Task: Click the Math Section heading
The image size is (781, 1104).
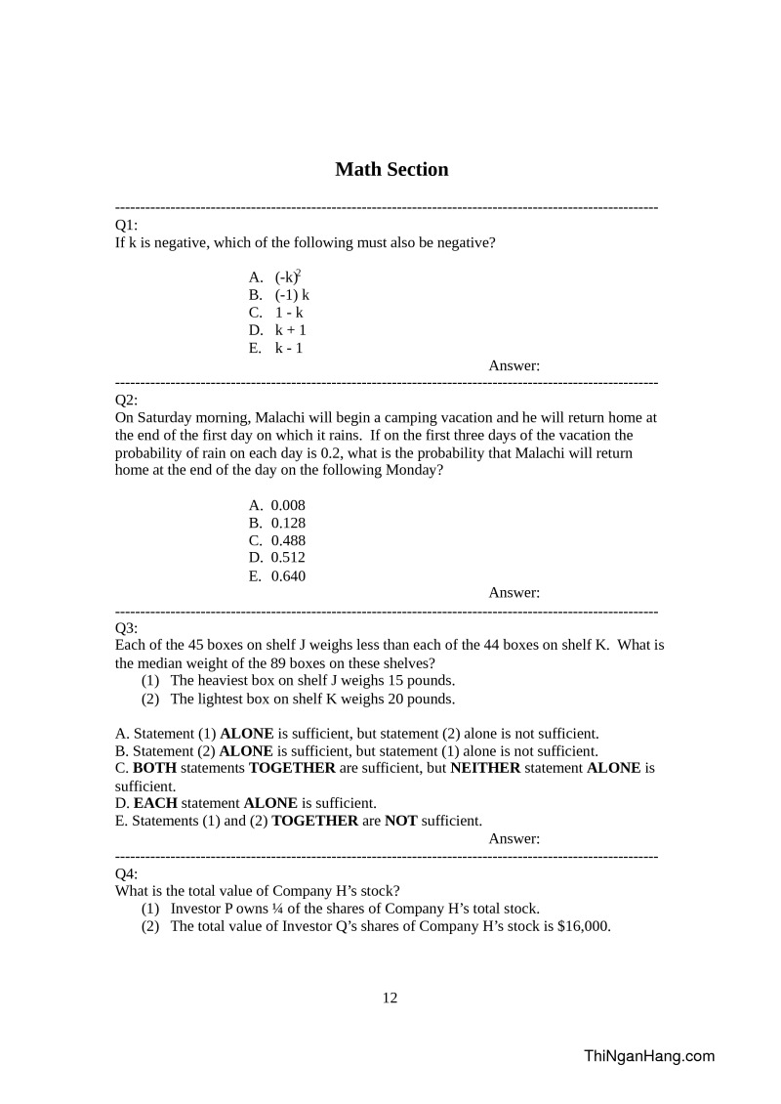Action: [391, 170]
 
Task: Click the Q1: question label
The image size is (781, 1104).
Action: [126, 226]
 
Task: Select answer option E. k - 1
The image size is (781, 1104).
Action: [278, 348]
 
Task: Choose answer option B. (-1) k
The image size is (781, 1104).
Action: [279, 295]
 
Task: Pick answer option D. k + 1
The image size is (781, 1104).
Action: [279, 330]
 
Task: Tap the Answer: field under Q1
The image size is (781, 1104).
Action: [514, 366]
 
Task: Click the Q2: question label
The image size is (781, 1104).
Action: [126, 400]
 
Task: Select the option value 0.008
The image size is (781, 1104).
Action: [288, 505]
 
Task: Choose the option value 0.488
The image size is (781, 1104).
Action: [288, 540]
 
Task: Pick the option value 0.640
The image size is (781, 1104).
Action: [288, 575]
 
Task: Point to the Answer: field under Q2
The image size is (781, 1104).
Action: [514, 592]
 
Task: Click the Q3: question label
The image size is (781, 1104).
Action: [126, 627]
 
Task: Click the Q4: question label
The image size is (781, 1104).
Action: [126, 872]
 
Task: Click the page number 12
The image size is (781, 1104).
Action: [390, 998]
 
